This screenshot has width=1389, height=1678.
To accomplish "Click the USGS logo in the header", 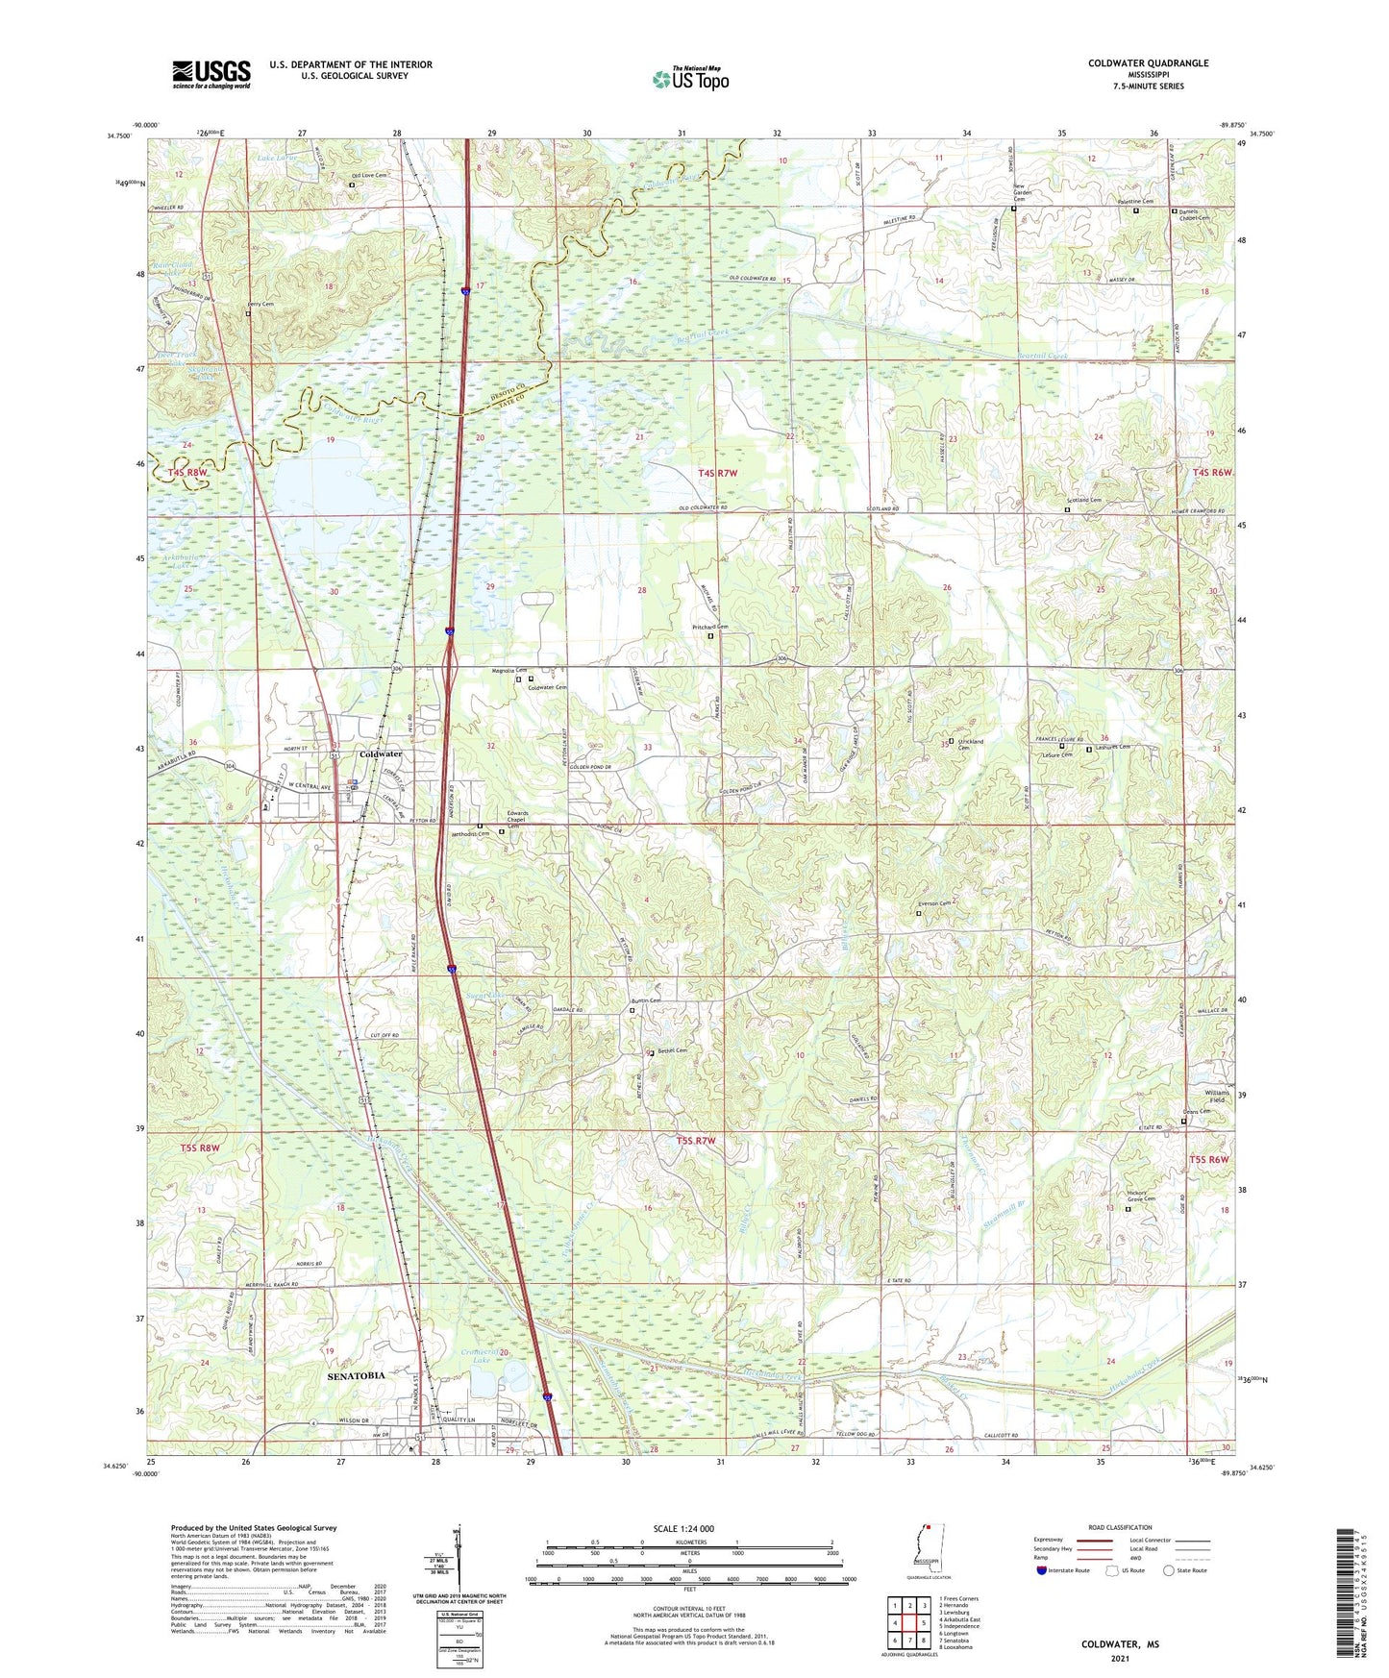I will pyautogui.click(x=211, y=74).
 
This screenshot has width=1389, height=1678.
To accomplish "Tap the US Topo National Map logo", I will pyautogui.click(x=690, y=79).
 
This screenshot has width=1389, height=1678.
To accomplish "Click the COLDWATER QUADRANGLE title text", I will pyautogui.click(x=1148, y=63).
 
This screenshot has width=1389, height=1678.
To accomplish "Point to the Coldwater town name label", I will pyautogui.click(x=380, y=754).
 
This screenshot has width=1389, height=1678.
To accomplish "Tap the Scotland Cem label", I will pyautogui.click(x=1082, y=501).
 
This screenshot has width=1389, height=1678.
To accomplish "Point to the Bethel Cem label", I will pyautogui.click(x=672, y=1050).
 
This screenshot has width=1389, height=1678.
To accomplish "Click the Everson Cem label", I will pyautogui.click(x=933, y=903).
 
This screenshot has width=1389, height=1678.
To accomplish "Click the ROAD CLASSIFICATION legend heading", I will pyautogui.click(x=1121, y=1527).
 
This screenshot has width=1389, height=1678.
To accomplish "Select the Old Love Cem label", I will pyautogui.click(x=369, y=175).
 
